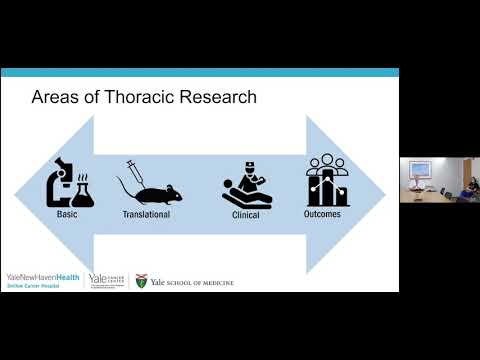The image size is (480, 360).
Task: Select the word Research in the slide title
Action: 215,97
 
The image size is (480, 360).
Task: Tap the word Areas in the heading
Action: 56,97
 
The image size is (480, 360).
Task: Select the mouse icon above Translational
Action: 150,192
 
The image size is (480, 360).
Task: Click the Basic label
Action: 67,214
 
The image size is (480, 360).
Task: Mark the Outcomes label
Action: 324,214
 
